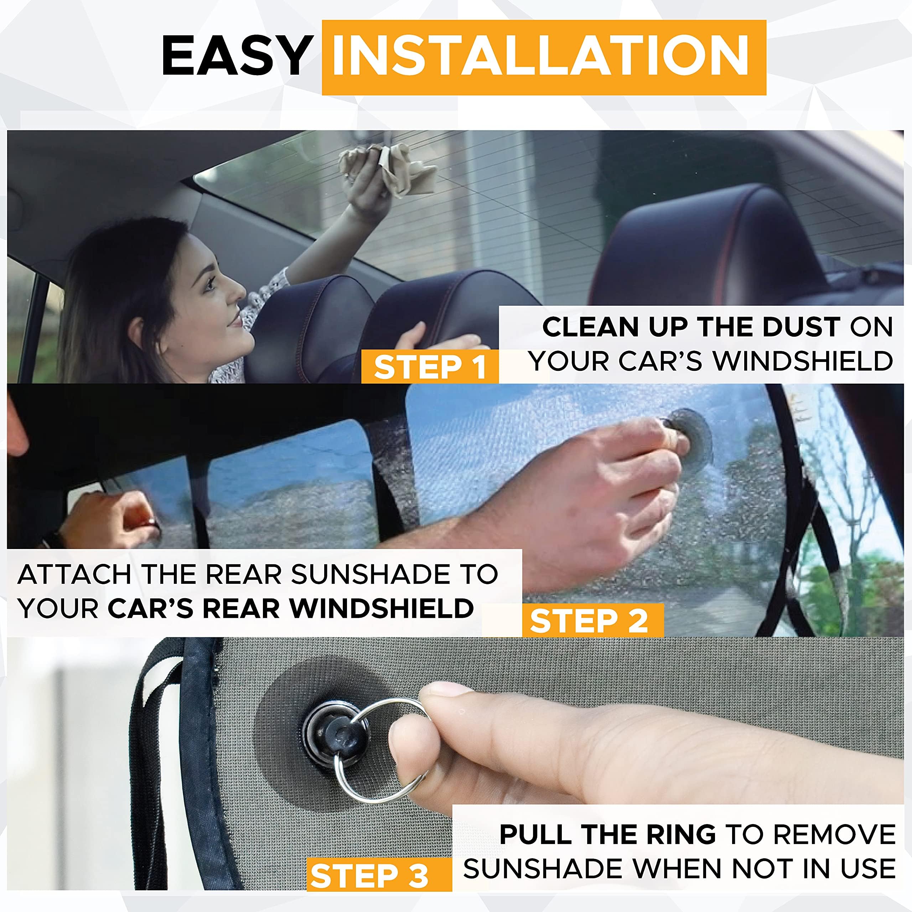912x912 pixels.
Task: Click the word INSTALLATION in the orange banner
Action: [x=540, y=56]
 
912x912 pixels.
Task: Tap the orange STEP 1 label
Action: [x=430, y=367]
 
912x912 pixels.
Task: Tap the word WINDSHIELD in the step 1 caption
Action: [x=803, y=361]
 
